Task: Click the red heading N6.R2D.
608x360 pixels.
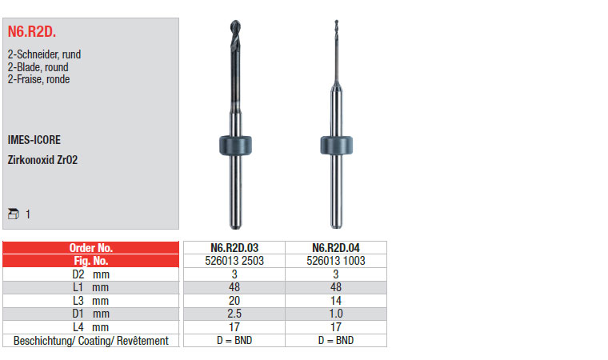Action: [x=32, y=31]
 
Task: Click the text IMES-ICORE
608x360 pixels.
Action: [x=34, y=140]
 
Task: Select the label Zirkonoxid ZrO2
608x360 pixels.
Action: [x=42, y=160]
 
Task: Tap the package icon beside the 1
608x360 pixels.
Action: [x=13, y=214]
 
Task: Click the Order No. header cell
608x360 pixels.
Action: [x=90, y=247]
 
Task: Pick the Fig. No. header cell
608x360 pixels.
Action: [x=90, y=261]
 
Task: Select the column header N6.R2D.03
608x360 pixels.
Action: [x=234, y=247]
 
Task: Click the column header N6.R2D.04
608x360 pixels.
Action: [x=336, y=247]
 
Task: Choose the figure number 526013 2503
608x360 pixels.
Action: [x=234, y=261]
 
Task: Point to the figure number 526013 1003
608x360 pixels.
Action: [x=336, y=261]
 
